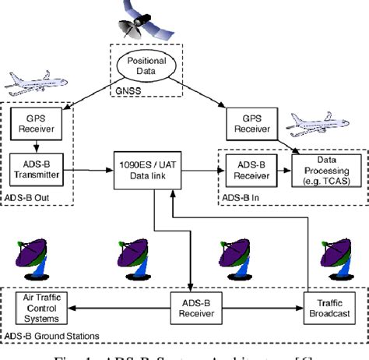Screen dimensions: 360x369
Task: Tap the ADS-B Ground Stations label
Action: [x=51, y=336]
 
